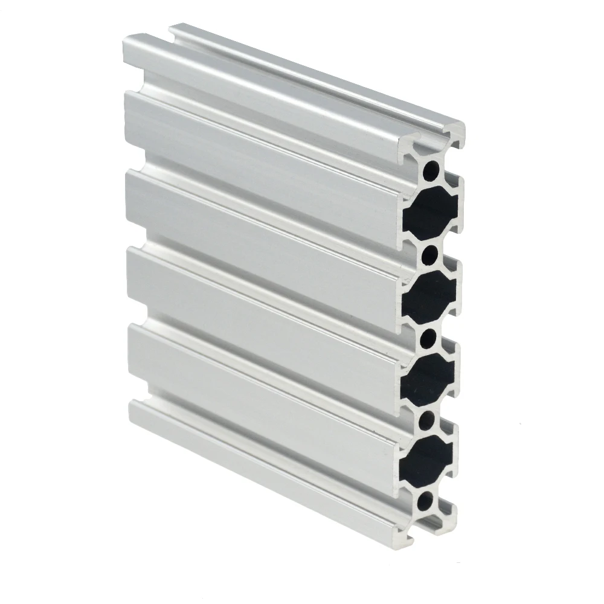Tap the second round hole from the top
click(x=431, y=254)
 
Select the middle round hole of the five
click(x=431, y=337)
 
